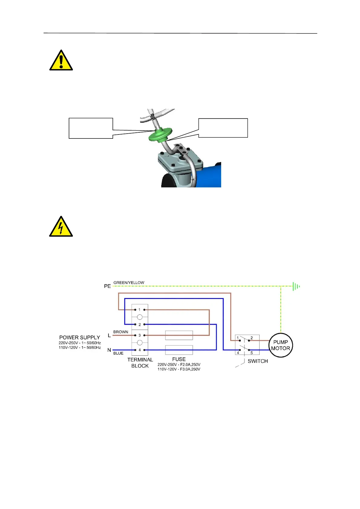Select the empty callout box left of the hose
coord(91,128)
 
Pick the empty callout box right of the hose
coord(223,128)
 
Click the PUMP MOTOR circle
coord(280,345)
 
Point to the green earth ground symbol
coord(296,286)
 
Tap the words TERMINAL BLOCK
coord(140,363)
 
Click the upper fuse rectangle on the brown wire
coord(179,335)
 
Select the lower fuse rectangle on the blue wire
coord(179,350)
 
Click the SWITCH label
coord(257,361)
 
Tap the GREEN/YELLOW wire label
coord(129,283)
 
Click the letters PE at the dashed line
coord(107,286)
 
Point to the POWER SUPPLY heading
coord(80,337)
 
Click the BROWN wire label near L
coord(121,332)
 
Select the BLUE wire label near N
coord(118,353)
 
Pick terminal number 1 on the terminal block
coord(139,310)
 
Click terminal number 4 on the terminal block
coord(139,350)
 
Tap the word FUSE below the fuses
coord(179,359)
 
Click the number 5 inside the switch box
coord(251,353)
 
